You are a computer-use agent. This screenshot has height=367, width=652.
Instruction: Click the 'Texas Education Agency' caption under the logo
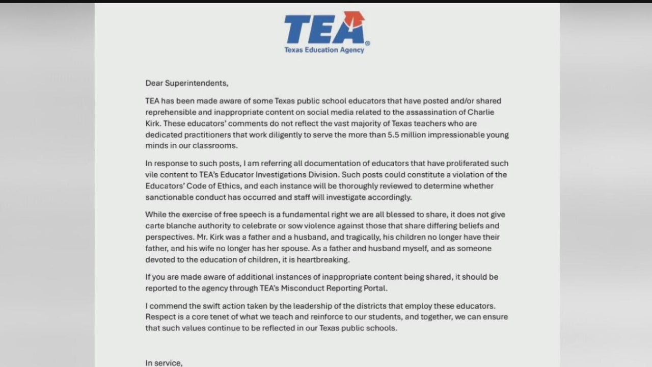(324, 50)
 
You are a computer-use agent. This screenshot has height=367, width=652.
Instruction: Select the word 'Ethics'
(241, 186)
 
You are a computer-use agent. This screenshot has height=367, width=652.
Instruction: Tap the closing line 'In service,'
(164, 363)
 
